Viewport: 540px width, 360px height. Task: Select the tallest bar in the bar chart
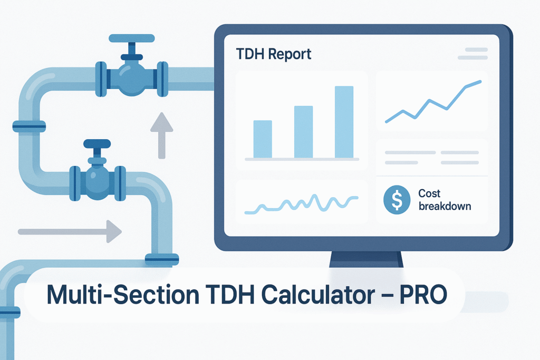344,122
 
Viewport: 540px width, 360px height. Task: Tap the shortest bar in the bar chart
263,139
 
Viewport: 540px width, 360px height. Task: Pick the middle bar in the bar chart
303,132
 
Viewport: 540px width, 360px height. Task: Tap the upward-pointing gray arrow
161,135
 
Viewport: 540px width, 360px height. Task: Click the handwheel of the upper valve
131,38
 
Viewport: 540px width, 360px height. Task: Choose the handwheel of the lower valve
97,143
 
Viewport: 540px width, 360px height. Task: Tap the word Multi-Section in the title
122,295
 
